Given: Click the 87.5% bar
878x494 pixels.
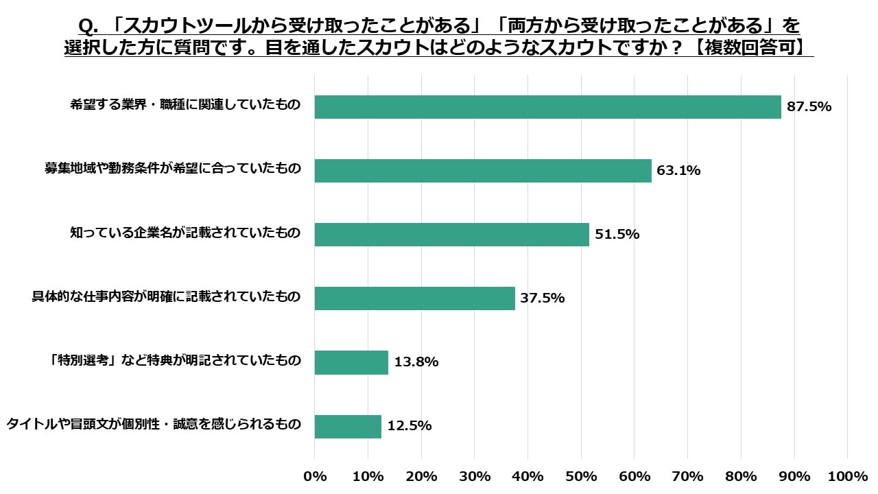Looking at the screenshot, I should coord(547,107).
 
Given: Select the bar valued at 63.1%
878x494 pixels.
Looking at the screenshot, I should coord(483,171).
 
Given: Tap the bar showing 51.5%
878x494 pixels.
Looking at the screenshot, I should coord(451,235).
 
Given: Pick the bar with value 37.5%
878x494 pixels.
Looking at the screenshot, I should coord(414,298).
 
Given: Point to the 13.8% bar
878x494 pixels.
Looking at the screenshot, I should coord(351,362).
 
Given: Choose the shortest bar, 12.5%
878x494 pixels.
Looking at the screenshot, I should coord(348,426).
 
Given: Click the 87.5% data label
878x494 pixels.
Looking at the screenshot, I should coord(809,107).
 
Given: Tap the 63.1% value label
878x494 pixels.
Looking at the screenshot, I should coord(678,171).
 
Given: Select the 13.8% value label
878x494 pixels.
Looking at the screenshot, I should coord(416,362).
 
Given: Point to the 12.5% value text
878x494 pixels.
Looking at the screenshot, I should coord(410,426).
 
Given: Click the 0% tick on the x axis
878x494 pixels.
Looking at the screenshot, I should coord(315,477).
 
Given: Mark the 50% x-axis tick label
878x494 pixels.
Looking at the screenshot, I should coord(581,477).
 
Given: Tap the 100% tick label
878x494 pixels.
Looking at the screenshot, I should coord(848,477).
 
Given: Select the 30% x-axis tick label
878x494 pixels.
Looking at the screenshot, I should coord(475,477).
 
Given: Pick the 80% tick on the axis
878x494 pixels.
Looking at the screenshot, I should coord(741,477).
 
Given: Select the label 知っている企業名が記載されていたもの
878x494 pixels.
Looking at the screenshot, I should coord(185,233).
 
